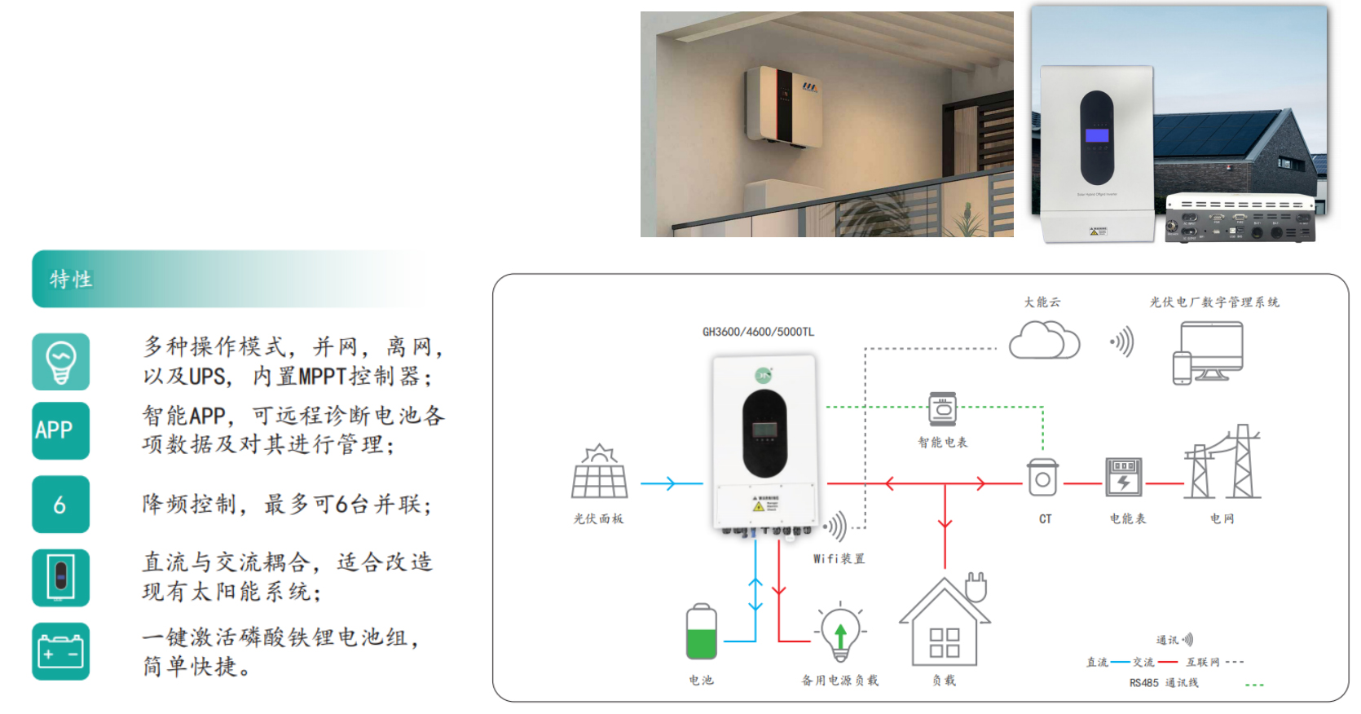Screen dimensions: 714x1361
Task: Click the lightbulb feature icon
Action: [60, 362]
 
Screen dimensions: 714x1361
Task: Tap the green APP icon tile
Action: [60, 430]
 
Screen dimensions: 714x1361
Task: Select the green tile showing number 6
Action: [60, 505]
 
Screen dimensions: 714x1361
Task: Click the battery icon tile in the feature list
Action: [60, 651]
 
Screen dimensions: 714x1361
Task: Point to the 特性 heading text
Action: [71, 280]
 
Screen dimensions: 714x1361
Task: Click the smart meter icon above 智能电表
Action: [943, 409]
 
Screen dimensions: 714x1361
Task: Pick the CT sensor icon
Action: [1042, 478]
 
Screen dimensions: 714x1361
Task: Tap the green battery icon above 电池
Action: [701, 632]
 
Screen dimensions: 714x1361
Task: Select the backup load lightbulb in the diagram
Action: [840, 632]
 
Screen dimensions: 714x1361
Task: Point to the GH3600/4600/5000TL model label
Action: [758, 332]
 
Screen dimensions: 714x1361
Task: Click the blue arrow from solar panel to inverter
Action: [670, 483]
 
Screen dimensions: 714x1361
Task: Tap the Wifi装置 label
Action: [839, 558]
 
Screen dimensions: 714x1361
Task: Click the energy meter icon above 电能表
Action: [1124, 477]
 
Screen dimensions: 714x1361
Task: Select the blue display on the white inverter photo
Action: [1096, 135]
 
